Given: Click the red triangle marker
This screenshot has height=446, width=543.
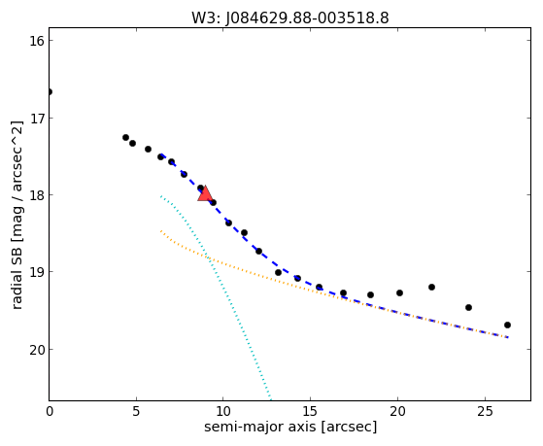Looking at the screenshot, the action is (x=205, y=193).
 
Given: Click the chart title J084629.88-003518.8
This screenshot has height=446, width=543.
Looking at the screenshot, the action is (x=307, y=17).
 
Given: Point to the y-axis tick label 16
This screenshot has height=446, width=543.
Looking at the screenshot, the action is (x=37, y=41).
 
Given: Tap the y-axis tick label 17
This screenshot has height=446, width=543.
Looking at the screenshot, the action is (x=37, y=119).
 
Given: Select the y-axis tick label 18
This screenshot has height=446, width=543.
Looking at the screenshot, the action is (x=37, y=194).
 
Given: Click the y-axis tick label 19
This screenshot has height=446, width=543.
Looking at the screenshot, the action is (x=37, y=272).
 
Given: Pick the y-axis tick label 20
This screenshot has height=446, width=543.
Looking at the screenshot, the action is (x=37, y=349).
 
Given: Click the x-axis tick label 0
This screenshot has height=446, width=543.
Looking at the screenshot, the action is (x=50, y=411).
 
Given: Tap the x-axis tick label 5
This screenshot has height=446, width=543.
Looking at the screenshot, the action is (x=136, y=411).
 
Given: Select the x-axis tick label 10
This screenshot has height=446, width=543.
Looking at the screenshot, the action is (x=223, y=411).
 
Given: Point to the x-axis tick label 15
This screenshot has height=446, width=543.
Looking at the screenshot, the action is (x=310, y=411).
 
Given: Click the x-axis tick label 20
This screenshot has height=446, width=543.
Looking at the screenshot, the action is (x=397, y=411).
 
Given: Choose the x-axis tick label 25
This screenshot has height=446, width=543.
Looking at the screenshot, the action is (x=485, y=411).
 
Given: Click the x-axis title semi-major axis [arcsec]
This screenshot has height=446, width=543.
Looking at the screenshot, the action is (x=290, y=427).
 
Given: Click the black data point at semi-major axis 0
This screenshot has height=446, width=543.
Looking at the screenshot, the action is (x=50, y=92).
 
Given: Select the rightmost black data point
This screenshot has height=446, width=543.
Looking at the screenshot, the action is (x=507, y=326).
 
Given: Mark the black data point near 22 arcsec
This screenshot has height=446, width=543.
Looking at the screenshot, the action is (x=431, y=287).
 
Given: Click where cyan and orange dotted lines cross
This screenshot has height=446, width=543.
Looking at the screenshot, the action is (x=208, y=257).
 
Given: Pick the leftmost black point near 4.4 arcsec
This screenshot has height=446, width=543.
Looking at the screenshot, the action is (x=125, y=138).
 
